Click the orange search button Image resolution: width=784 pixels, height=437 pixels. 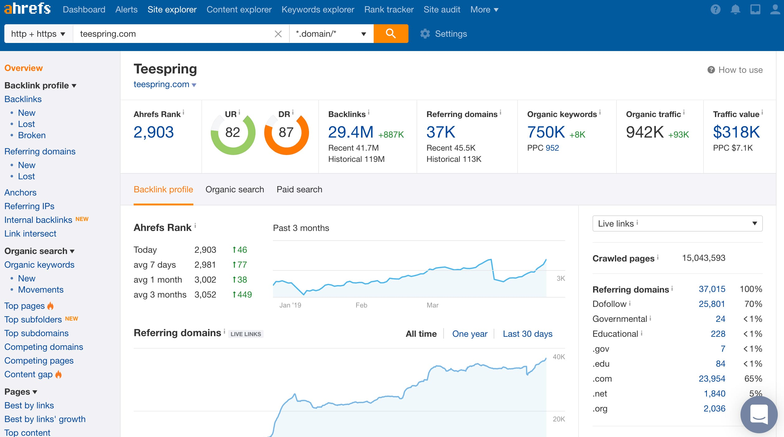391,34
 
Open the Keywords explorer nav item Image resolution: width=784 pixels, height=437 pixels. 318,10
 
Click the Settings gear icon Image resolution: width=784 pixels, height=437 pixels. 425,34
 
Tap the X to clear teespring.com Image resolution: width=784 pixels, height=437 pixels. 278,34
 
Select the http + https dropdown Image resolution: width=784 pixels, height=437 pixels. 38,34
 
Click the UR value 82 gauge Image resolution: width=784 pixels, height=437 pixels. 233,133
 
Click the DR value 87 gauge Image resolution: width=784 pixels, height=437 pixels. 286,133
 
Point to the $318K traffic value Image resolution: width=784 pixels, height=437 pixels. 736,132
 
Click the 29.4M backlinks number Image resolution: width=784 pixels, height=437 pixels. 351,132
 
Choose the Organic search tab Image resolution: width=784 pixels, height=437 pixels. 234,190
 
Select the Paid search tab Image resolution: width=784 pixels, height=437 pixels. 299,190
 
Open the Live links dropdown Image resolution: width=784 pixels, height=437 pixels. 677,223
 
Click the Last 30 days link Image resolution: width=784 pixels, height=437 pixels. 527,334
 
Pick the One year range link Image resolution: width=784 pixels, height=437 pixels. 469,334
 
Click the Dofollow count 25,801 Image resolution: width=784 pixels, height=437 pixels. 712,304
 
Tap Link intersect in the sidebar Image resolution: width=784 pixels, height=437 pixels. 30,234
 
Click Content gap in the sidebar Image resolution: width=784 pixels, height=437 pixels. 28,374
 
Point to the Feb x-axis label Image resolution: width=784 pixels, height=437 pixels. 361,305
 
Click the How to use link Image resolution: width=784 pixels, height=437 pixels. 740,70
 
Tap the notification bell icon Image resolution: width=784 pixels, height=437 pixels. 735,10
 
